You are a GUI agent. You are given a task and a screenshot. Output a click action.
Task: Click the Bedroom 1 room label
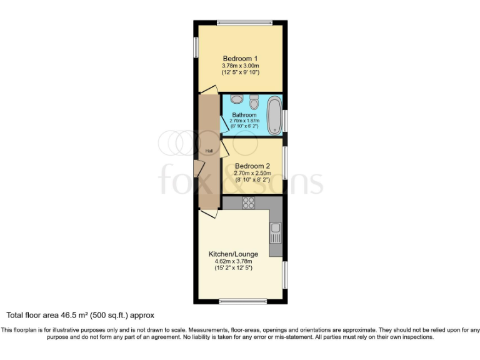pyautogui.click(x=241, y=59)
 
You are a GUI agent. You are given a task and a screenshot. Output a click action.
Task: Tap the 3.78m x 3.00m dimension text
pyautogui.click(x=241, y=66)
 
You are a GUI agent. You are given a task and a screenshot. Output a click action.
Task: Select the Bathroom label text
pyautogui.click(x=244, y=115)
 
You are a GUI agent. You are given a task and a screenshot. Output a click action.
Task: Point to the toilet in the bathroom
pyautogui.click(x=254, y=101)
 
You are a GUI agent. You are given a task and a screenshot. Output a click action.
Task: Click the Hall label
pyautogui.click(x=209, y=151)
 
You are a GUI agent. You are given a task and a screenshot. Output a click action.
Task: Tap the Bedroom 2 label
pyautogui.click(x=253, y=166)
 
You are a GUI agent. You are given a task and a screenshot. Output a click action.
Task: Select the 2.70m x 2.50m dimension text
pyautogui.click(x=253, y=173)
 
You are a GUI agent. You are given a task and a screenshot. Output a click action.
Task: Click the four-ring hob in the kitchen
pyautogui.click(x=249, y=202)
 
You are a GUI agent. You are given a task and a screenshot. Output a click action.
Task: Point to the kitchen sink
pyautogui.click(x=276, y=232)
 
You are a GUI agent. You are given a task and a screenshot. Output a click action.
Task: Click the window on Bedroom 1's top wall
pyautogui.click(x=241, y=23)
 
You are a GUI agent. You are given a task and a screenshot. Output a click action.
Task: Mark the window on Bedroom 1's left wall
pyautogui.click(x=196, y=48)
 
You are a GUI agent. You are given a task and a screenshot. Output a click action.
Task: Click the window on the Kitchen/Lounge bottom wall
pyautogui.click(x=241, y=302)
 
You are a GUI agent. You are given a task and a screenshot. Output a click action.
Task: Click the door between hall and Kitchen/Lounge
pyautogui.click(x=208, y=213)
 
